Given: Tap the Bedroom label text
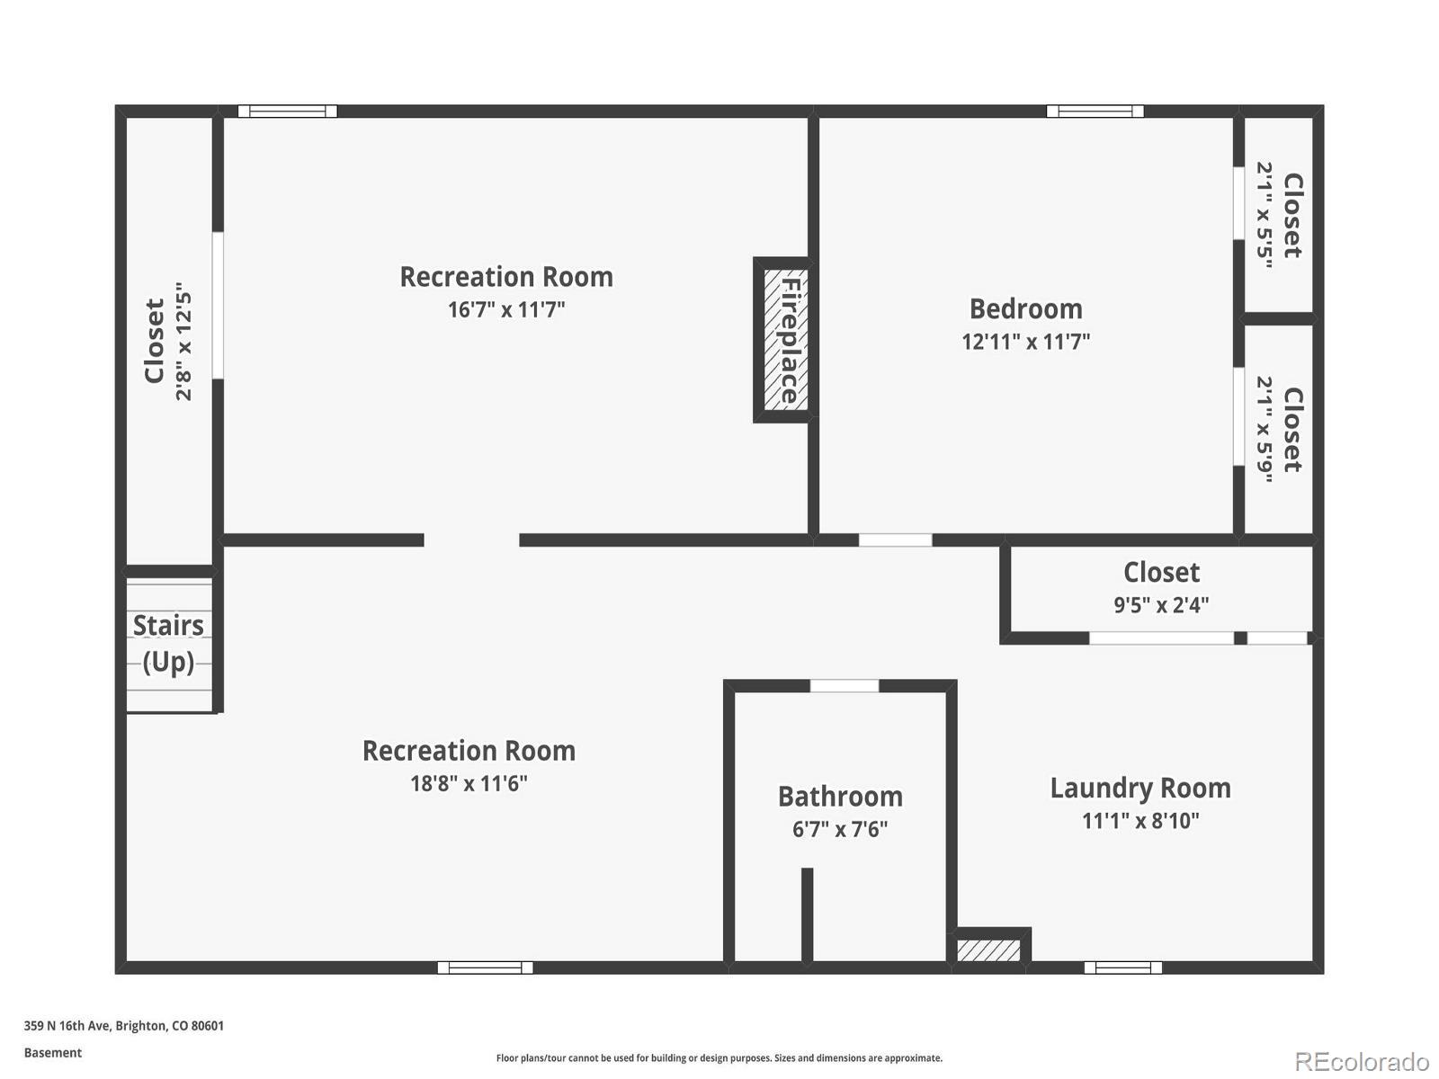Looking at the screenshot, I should click(1025, 308).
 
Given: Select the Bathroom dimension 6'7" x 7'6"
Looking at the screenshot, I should click(840, 829).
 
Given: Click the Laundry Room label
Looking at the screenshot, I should click(1140, 788).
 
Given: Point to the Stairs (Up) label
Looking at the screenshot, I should click(168, 643).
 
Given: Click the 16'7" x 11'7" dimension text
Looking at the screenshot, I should click(506, 310).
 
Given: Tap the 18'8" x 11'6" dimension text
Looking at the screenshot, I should click(469, 783).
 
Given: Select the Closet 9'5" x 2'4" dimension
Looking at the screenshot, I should click(1161, 605).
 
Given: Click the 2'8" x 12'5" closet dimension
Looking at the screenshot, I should click(183, 342).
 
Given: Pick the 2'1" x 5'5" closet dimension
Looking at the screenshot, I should click(1265, 216).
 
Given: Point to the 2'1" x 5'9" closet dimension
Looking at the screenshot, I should click(1265, 429).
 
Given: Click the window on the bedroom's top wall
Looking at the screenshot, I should click(1095, 111).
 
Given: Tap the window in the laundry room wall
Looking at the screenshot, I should click(1122, 968).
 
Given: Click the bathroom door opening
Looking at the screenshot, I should click(845, 686).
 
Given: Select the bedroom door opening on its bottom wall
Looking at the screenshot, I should click(895, 540).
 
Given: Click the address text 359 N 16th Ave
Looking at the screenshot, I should click(123, 1026).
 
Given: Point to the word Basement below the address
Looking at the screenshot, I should click(53, 1053).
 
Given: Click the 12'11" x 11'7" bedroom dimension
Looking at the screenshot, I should click(1025, 342).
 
